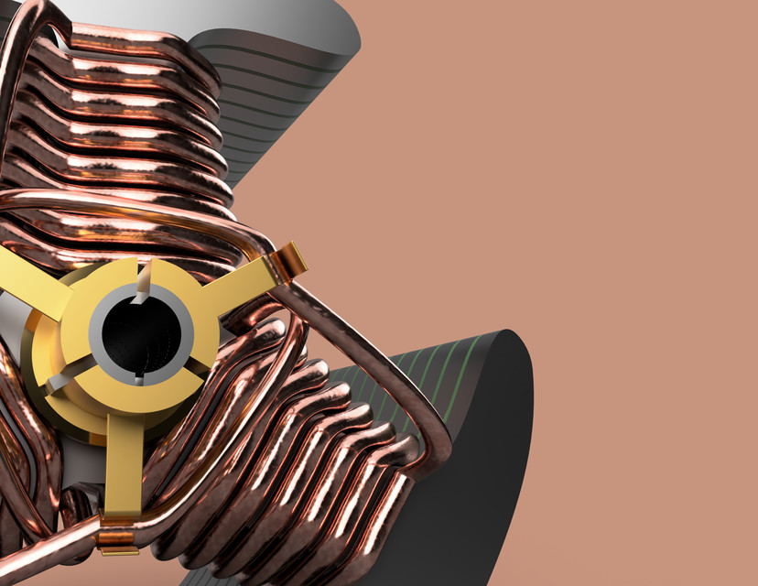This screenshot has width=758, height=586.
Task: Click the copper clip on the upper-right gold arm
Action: [291, 261]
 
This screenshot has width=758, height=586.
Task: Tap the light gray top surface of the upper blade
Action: [293, 23]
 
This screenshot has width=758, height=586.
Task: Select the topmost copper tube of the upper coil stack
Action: [137, 41]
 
